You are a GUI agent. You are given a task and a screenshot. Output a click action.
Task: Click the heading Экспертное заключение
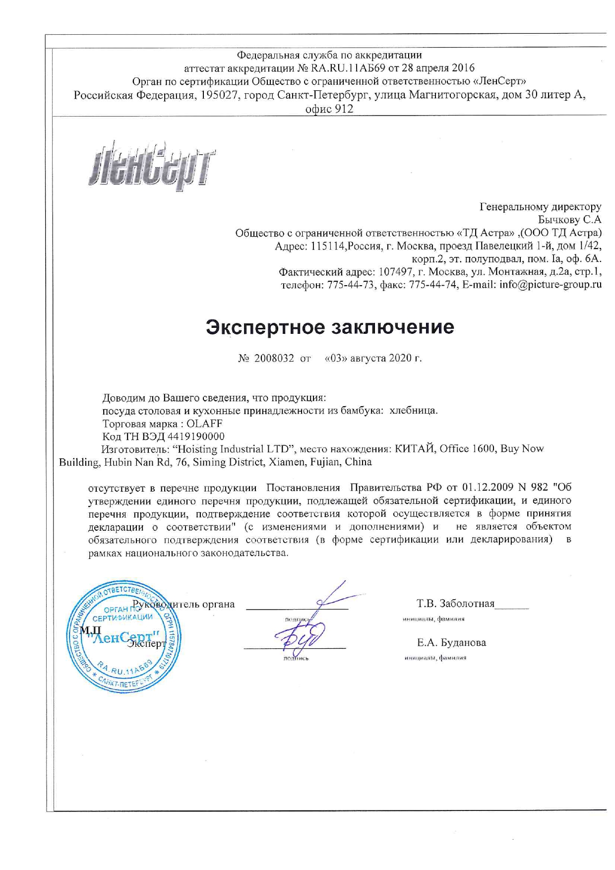pos(330,327)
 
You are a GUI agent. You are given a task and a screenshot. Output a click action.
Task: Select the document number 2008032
pos(274,358)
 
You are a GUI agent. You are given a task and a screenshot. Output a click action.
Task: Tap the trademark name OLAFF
pos(204,424)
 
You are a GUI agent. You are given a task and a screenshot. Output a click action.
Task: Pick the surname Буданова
pos(463,642)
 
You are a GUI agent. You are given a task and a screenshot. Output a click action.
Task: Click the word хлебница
pos(414,411)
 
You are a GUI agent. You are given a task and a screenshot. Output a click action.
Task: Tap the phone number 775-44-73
pos(350,285)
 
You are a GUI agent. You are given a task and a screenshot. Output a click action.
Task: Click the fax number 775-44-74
pos(432,285)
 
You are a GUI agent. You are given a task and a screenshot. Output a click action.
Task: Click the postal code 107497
pos(396,272)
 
